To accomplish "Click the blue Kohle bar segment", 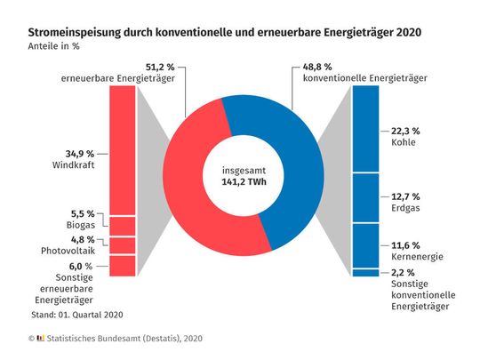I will point(365,129).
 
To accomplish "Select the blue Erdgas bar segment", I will point(365,197).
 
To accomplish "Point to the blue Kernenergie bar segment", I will point(365,245).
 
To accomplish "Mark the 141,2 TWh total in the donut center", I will point(243,184).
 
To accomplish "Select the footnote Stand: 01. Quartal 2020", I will point(77,314).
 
